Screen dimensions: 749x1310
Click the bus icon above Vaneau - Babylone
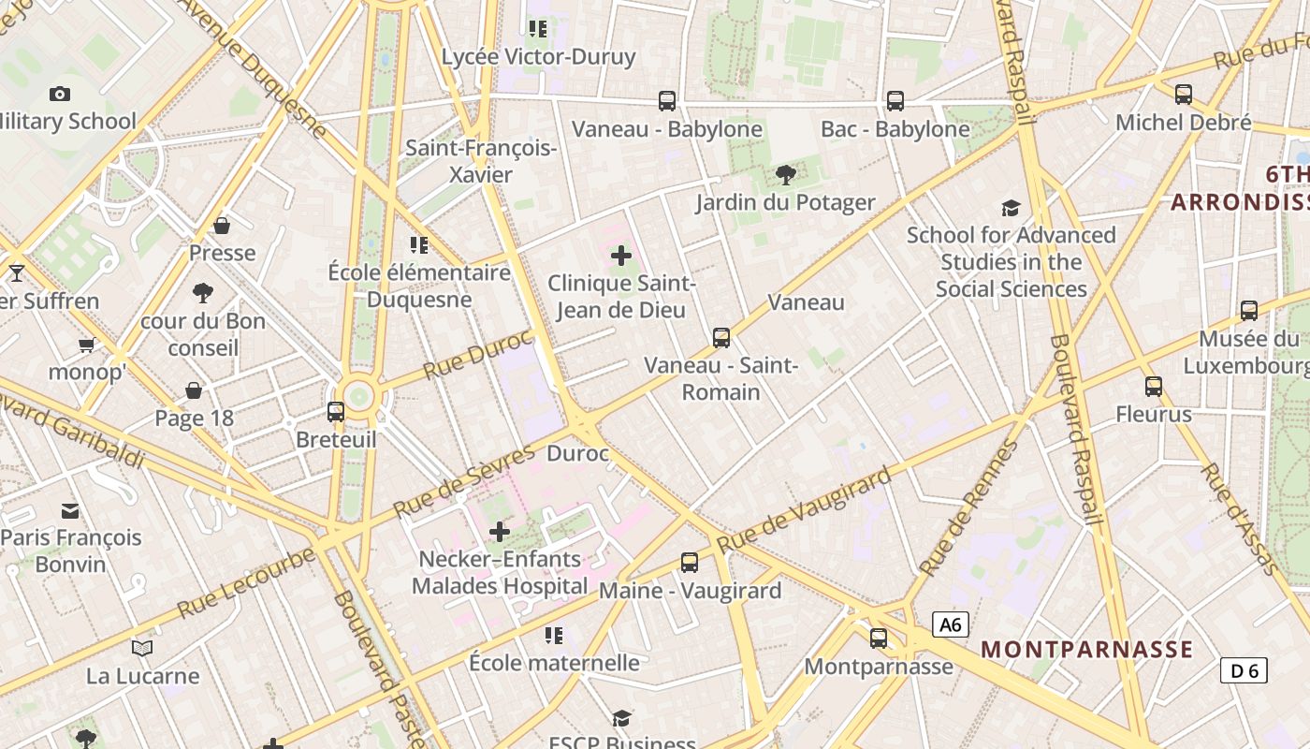tap(667, 100)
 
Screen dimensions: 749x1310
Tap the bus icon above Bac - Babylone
tap(895, 100)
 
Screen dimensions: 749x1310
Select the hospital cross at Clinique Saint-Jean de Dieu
tap(621, 256)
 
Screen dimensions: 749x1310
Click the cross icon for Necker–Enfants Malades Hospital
tap(500, 532)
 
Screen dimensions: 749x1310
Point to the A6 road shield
tap(949, 624)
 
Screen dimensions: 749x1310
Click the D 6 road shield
tap(1244, 670)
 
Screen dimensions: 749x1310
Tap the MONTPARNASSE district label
tap(1086, 649)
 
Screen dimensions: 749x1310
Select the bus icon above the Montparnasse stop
tap(879, 639)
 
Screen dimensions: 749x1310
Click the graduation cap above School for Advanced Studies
tap(1011, 208)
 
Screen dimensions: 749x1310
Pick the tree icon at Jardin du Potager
tap(786, 174)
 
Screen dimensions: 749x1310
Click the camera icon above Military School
tap(60, 94)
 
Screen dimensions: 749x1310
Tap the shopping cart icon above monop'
tap(87, 345)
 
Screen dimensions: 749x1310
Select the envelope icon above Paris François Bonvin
tap(70, 510)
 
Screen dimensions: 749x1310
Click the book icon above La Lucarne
tap(142, 648)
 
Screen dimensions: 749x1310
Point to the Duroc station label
tap(577, 454)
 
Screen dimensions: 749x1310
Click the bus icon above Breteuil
tap(336, 411)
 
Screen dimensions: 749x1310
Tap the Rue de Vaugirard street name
tap(804, 511)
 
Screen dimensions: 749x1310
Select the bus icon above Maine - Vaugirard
tap(690, 563)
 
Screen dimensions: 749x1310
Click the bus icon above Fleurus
tap(1154, 386)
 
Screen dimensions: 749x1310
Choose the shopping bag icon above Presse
tap(222, 226)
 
